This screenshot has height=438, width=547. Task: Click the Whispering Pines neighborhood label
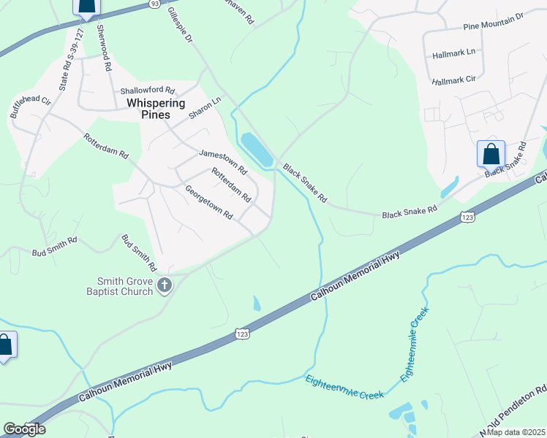[x=156, y=109]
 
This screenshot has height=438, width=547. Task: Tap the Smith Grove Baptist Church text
[x=125, y=286]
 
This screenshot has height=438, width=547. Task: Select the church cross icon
[x=165, y=285]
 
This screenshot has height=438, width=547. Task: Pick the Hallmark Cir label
[x=453, y=80]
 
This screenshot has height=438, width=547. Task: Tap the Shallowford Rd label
[x=148, y=91]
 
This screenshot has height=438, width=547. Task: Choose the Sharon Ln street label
[x=205, y=109]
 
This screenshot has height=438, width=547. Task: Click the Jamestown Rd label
[x=222, y=162]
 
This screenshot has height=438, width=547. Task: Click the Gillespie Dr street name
[x=179, y=25]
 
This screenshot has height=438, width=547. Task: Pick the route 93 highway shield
[x=154, y=4]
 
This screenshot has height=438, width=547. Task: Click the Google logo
[x=23, y=429]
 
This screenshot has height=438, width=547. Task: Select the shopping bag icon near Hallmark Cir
[x=491, y=155]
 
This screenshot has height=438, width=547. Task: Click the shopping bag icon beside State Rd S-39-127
[x=86, y=8]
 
